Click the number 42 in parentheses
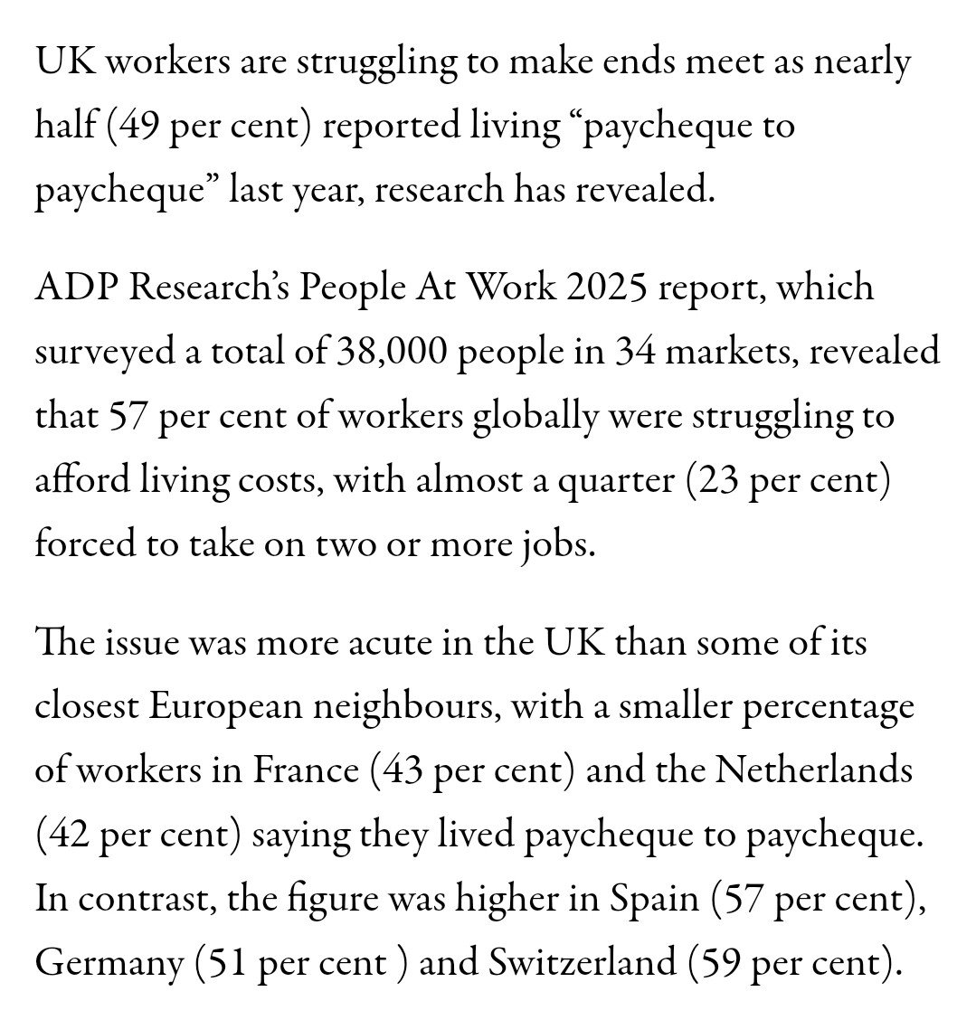(x=65, y=836)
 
